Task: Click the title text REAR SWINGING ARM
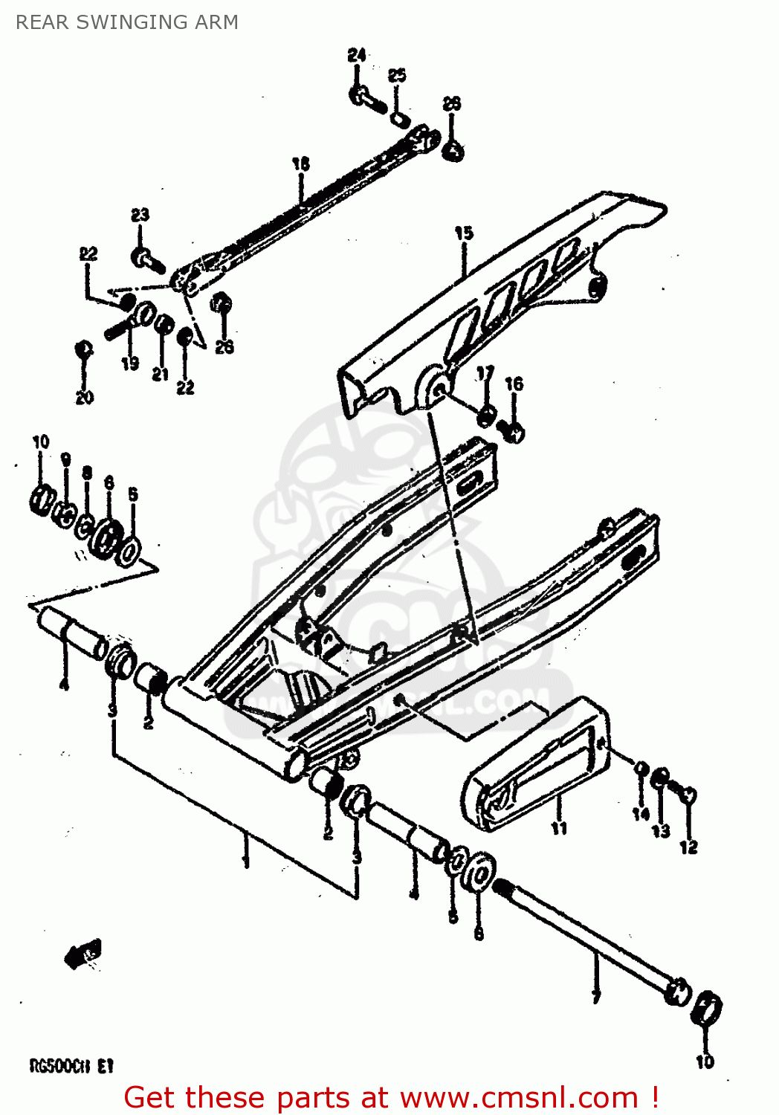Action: [x=127, y=22]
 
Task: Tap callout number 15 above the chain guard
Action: [x=464, y=233]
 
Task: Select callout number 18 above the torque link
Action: [x=300, y=164]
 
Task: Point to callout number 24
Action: [x=357, y=56]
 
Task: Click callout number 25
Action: [x=397, y=75]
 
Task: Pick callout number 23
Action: [x=140, y=215]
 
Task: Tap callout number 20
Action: [x=84, y=397]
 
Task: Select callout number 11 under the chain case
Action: [x=559, y=828]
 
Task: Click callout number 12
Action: [x=688, y=847]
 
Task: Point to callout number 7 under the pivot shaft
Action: [x=595, y=997]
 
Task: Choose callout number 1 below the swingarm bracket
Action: [x=246, y=862]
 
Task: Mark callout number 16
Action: [x=514, y=384]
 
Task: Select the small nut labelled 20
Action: [x=84, y=349]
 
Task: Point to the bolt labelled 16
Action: [x=513, y=430]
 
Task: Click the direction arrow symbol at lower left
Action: [x=84, y=953]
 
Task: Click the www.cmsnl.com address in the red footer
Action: [x=519, y=1098]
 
